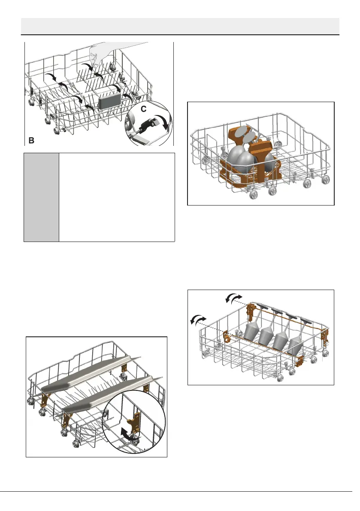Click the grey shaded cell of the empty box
[x=41, y=197]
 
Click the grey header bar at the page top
[x=180, y=26]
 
